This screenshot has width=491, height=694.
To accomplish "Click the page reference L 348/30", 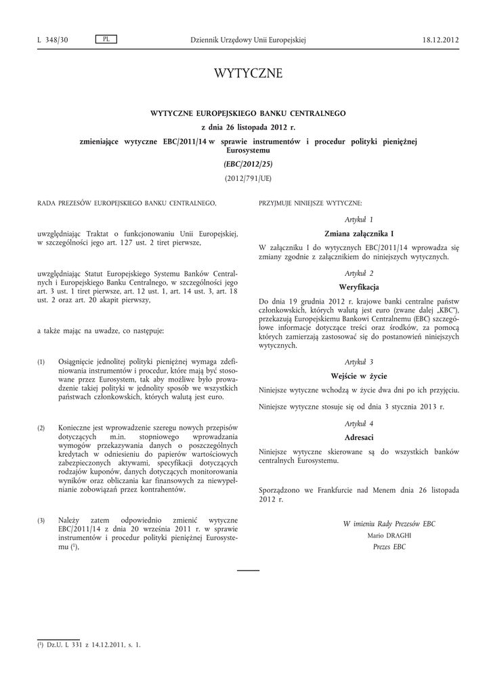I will [x=52, y=40].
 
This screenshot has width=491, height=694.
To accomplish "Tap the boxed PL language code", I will [x=106, y=39].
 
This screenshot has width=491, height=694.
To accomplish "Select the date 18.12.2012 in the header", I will [x=440, y=40].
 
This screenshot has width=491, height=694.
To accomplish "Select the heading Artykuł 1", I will [x=359, y=220].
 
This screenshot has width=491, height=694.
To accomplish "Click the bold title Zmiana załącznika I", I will [x=359, y=233].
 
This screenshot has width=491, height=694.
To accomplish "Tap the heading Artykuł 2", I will [x=359, y=272].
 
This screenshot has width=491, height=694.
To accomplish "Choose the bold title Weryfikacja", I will [x=359, y=287].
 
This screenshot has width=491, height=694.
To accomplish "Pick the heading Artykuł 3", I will [x=359, y=362].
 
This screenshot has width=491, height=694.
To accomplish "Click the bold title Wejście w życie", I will [x=359, y=375].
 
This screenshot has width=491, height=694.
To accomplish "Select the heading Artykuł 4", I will [x=359, y=424].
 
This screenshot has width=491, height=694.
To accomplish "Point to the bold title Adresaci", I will [x=359, y=437].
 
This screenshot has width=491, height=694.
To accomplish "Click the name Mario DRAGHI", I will [x=389, y=534].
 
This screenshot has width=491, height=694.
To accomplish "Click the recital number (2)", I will [x=41, y=428].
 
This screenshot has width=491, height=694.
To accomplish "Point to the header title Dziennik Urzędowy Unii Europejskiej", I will [x=248, y=40].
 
